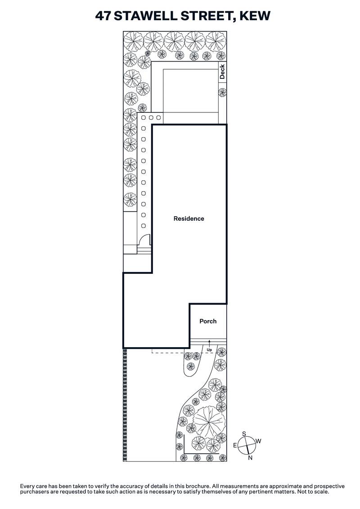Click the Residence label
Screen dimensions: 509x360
coord(189,219)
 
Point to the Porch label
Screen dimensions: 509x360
coord(208,321)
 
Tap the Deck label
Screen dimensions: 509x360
coord(222,72)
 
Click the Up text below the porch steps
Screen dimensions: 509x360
coord(209,349)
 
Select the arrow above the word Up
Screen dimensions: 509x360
coord(209,344)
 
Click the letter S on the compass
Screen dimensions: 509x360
coord(244,434)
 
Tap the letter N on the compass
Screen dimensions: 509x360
coord(250,458)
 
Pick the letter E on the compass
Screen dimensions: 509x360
coord(235,445)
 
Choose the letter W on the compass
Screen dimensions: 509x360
coord(258,442)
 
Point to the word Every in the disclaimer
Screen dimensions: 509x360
coord(28,486)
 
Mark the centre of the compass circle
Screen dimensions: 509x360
coord(247,446)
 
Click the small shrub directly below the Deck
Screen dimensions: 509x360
coord(222,93)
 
